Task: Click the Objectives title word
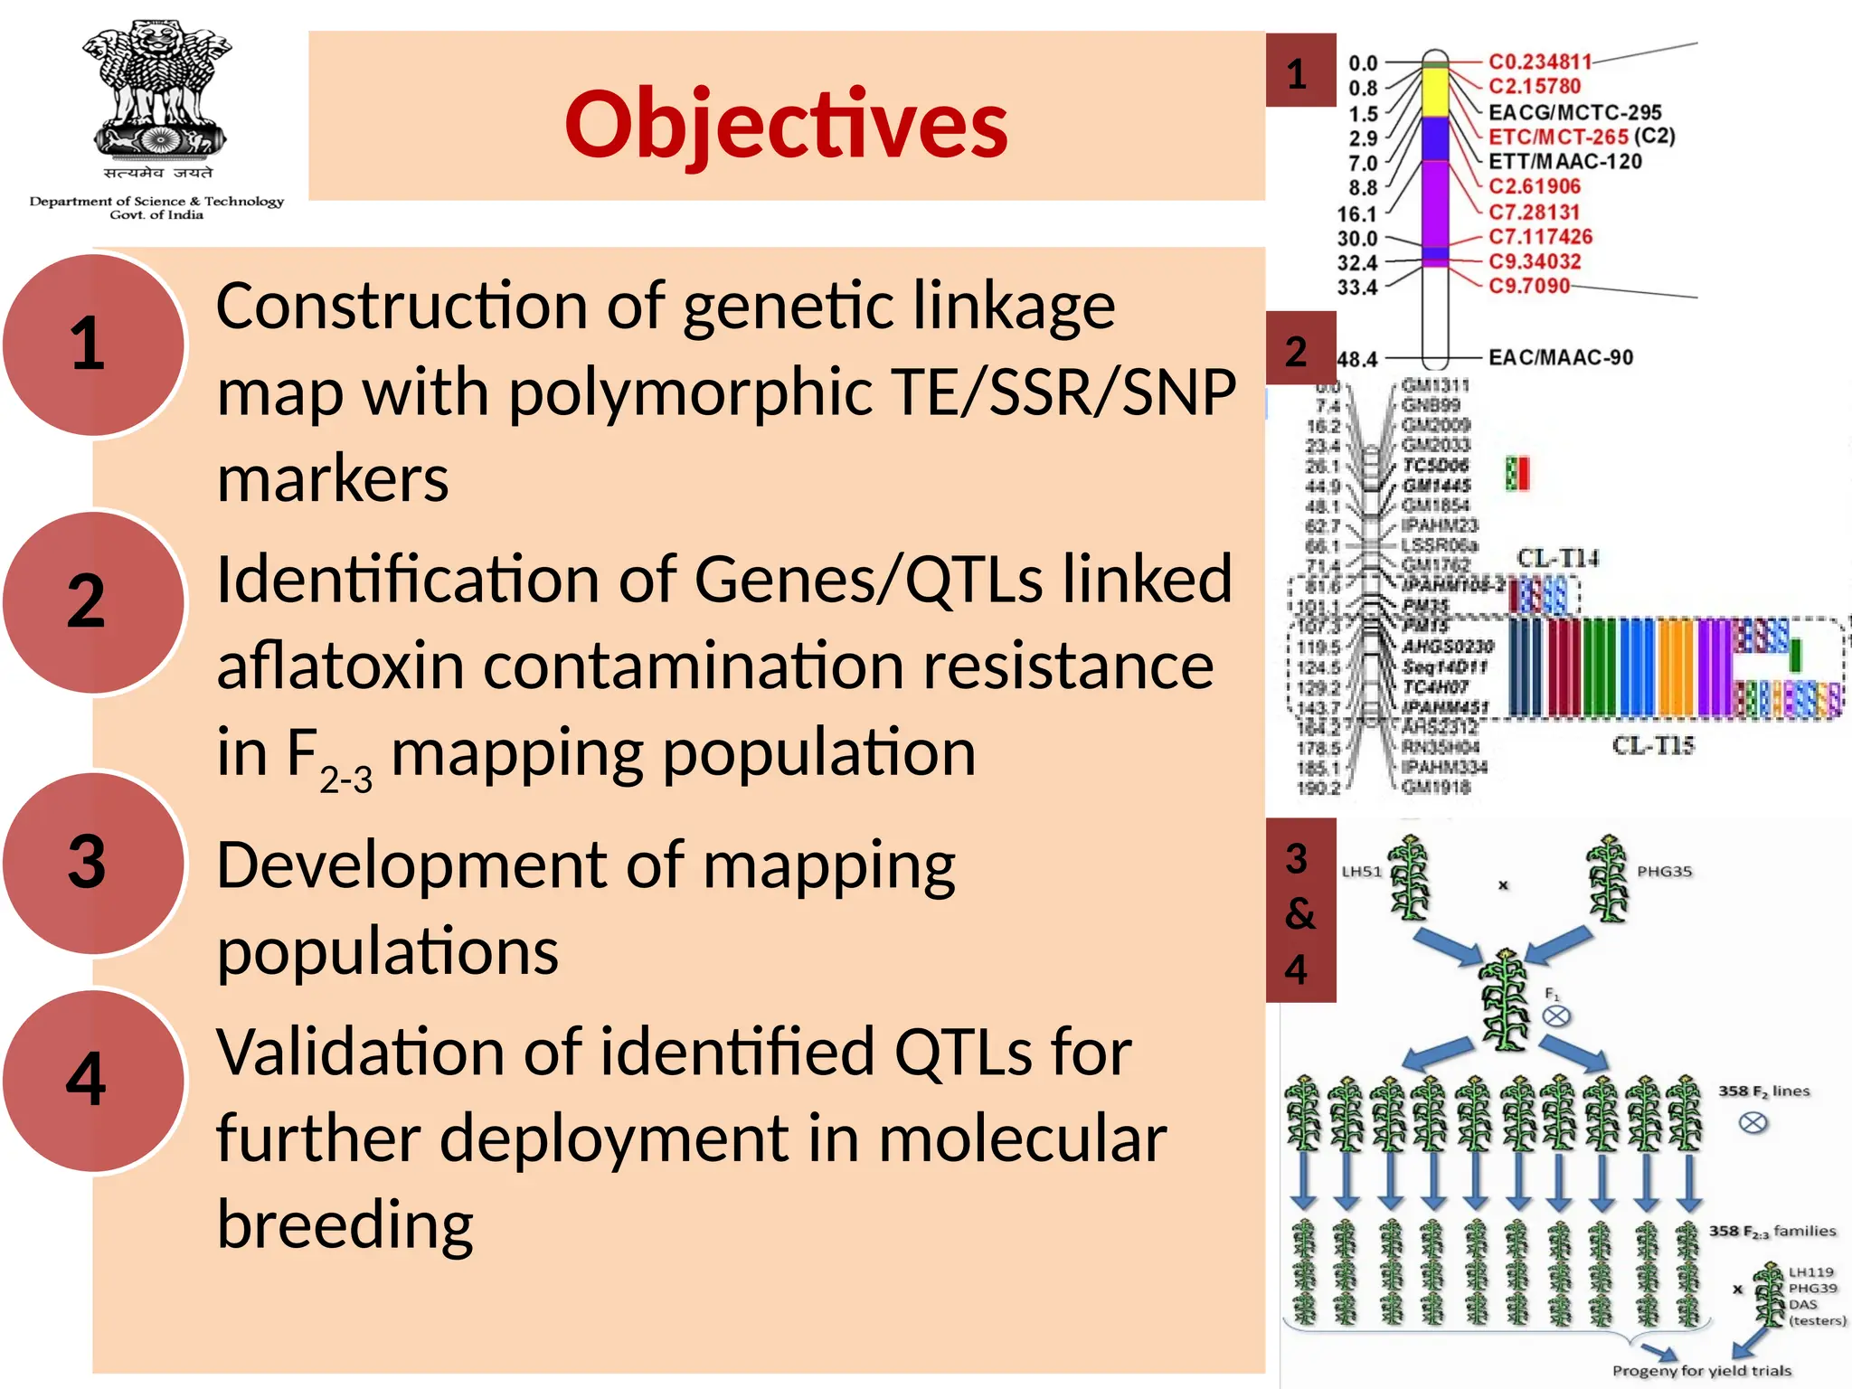tap(786, 124)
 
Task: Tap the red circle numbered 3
tap(90, 862)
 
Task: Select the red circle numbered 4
tap(90, 1080)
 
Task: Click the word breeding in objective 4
tap(345, 1224)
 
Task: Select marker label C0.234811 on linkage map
tap(1540, 61)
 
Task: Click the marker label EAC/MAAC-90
tap(1561, 357)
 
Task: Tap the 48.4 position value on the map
tap(1356, 359)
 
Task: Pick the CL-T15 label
tap(1653, 745)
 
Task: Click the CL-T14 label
tap(1557, 558)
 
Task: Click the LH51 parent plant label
tap(1362, 872)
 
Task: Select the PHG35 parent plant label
tap(1664, 872)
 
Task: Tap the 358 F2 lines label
tap(1763, 1091)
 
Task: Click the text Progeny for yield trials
tap(1701, 1370)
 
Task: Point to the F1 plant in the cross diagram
tap(1505, 999)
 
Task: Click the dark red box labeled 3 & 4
tap(1300, 911)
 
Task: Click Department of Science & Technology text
tap(156, 202)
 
